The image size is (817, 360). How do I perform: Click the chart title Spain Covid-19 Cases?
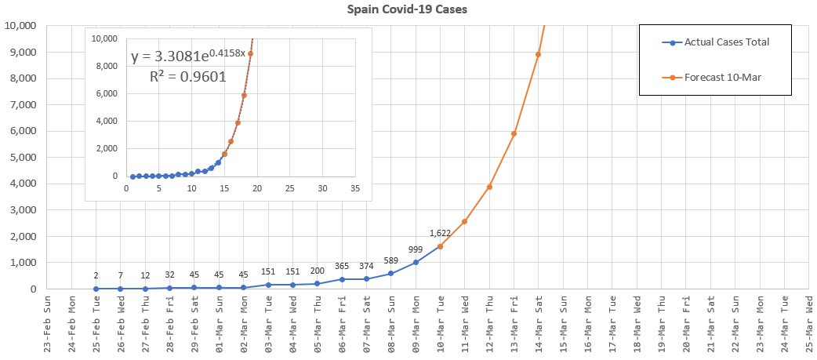pyautogui.click(x=408, y=10)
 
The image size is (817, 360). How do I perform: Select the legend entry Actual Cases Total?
pyautogui.click(x=725, y=42)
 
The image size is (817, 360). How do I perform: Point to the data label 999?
pyautogui.click(x=416, y=249)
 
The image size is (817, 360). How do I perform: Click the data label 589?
pyautogui.click(x=391, y=260)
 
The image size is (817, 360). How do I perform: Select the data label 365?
pyautogui.click(x=342, y=266)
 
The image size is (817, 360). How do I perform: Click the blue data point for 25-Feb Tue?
pyautogui.click(x=96, y=289)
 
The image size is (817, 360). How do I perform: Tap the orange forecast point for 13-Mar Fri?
pyautogui.click(x=514, y=133)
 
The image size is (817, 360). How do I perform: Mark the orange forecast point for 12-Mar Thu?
pyautogui.click(x=489, y=187)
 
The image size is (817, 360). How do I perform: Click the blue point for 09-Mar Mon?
pyautogui.click(x=416, y=262)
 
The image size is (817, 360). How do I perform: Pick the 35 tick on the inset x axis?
pyautogui.click(x=355, y=189)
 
